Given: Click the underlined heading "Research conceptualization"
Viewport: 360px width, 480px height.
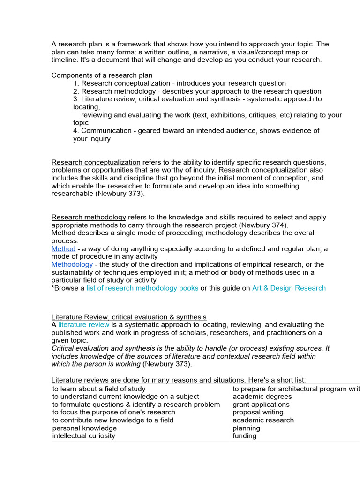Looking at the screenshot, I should click(x=96, y=162).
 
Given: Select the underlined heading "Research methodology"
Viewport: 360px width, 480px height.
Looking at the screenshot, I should click(x=89, y=217).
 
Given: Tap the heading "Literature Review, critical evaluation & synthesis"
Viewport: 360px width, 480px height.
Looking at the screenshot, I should click(x=128, y=317).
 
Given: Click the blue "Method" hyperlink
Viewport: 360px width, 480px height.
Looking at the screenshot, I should click(x=63, y=249).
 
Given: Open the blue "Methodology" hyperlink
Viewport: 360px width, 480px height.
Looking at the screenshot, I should click(x=72, y=264).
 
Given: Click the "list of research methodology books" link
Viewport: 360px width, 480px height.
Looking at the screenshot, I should click(x=142, y=288).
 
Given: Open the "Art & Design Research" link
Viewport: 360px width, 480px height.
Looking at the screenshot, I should click(x=289, y=288).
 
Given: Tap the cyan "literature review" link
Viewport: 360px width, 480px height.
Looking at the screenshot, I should click(x=84, y=324).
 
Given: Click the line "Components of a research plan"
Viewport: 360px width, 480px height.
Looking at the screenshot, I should click(x=102, y=75).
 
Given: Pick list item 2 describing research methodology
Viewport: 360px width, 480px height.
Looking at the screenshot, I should click(x=197, y=91).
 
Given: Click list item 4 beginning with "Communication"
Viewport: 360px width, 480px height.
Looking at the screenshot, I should click(x=196, y=131).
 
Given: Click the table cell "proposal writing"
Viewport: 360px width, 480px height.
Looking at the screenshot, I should click(x=258, y=412).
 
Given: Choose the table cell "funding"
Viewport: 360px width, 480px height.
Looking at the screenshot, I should click(x=245, y=435).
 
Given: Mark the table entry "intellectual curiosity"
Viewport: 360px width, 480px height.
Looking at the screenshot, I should click(x=83, y=435).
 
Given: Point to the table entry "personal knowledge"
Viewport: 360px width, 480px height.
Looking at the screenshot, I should click(x=84, y=428).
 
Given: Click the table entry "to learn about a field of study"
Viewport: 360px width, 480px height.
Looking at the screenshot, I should click(x=99, y=389).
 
